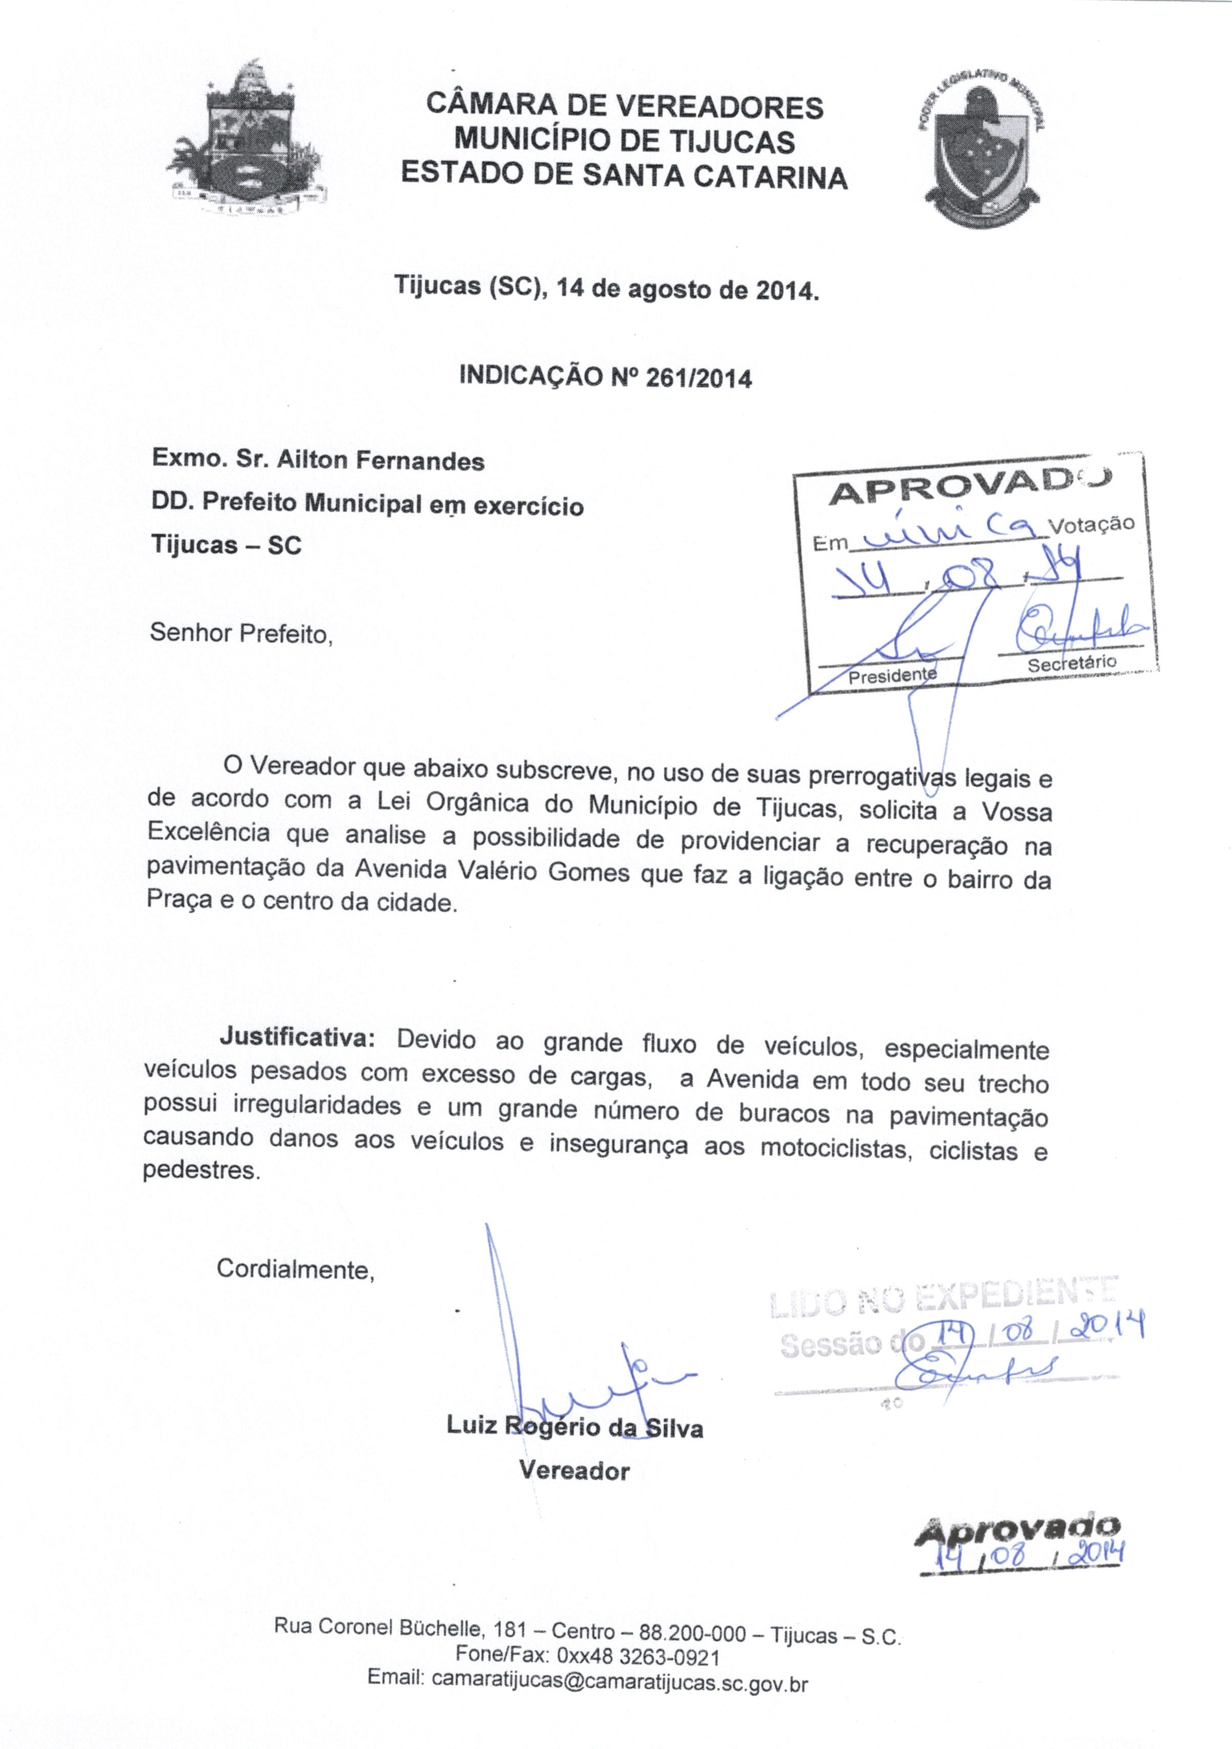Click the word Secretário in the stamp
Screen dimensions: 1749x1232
pos(1071,663)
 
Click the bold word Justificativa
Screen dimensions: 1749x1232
pos(297,1038)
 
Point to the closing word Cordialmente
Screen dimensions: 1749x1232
pos(296,1269)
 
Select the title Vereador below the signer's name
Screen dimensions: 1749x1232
pos(574,1470)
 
